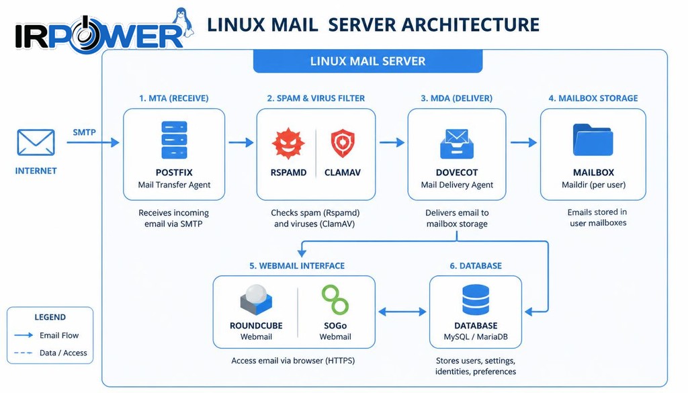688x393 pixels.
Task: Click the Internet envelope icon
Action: coord(36,142)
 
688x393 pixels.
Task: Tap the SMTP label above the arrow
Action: coord(84,132)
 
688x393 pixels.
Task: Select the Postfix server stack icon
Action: coord(174,140)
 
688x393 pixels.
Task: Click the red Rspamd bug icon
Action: coord(288,143)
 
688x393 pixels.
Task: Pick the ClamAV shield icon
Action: coord(343,143)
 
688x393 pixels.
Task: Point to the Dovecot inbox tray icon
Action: coord(457,143)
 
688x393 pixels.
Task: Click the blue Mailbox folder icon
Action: coord(593,140)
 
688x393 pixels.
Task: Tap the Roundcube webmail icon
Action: coord(256,300)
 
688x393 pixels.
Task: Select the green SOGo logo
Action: coord(335,300)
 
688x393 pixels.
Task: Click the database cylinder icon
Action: coord(476,300)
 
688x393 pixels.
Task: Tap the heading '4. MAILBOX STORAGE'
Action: coord(593,98)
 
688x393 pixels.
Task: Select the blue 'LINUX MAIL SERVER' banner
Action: coord(368,61)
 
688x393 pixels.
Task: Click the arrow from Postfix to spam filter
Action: coord(241,142)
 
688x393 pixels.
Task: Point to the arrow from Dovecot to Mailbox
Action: coord(523,142)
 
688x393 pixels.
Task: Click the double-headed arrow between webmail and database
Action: coord(402,312)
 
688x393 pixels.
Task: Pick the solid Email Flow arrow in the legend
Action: coord(24,335)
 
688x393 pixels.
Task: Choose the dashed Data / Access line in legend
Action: coord(24,353)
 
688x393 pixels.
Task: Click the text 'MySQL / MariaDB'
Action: coord(476,337)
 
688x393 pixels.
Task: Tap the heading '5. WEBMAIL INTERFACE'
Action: coord(297,266)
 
